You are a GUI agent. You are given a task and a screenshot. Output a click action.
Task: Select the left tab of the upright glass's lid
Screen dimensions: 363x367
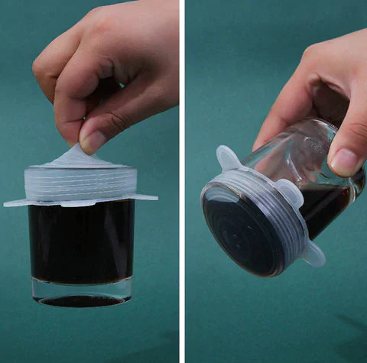pos(17,203)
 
